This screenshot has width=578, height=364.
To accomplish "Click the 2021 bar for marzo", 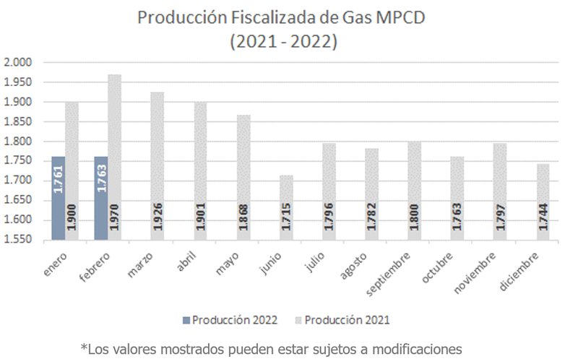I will point(158,166).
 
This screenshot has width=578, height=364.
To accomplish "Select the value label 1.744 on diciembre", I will point(545,217).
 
